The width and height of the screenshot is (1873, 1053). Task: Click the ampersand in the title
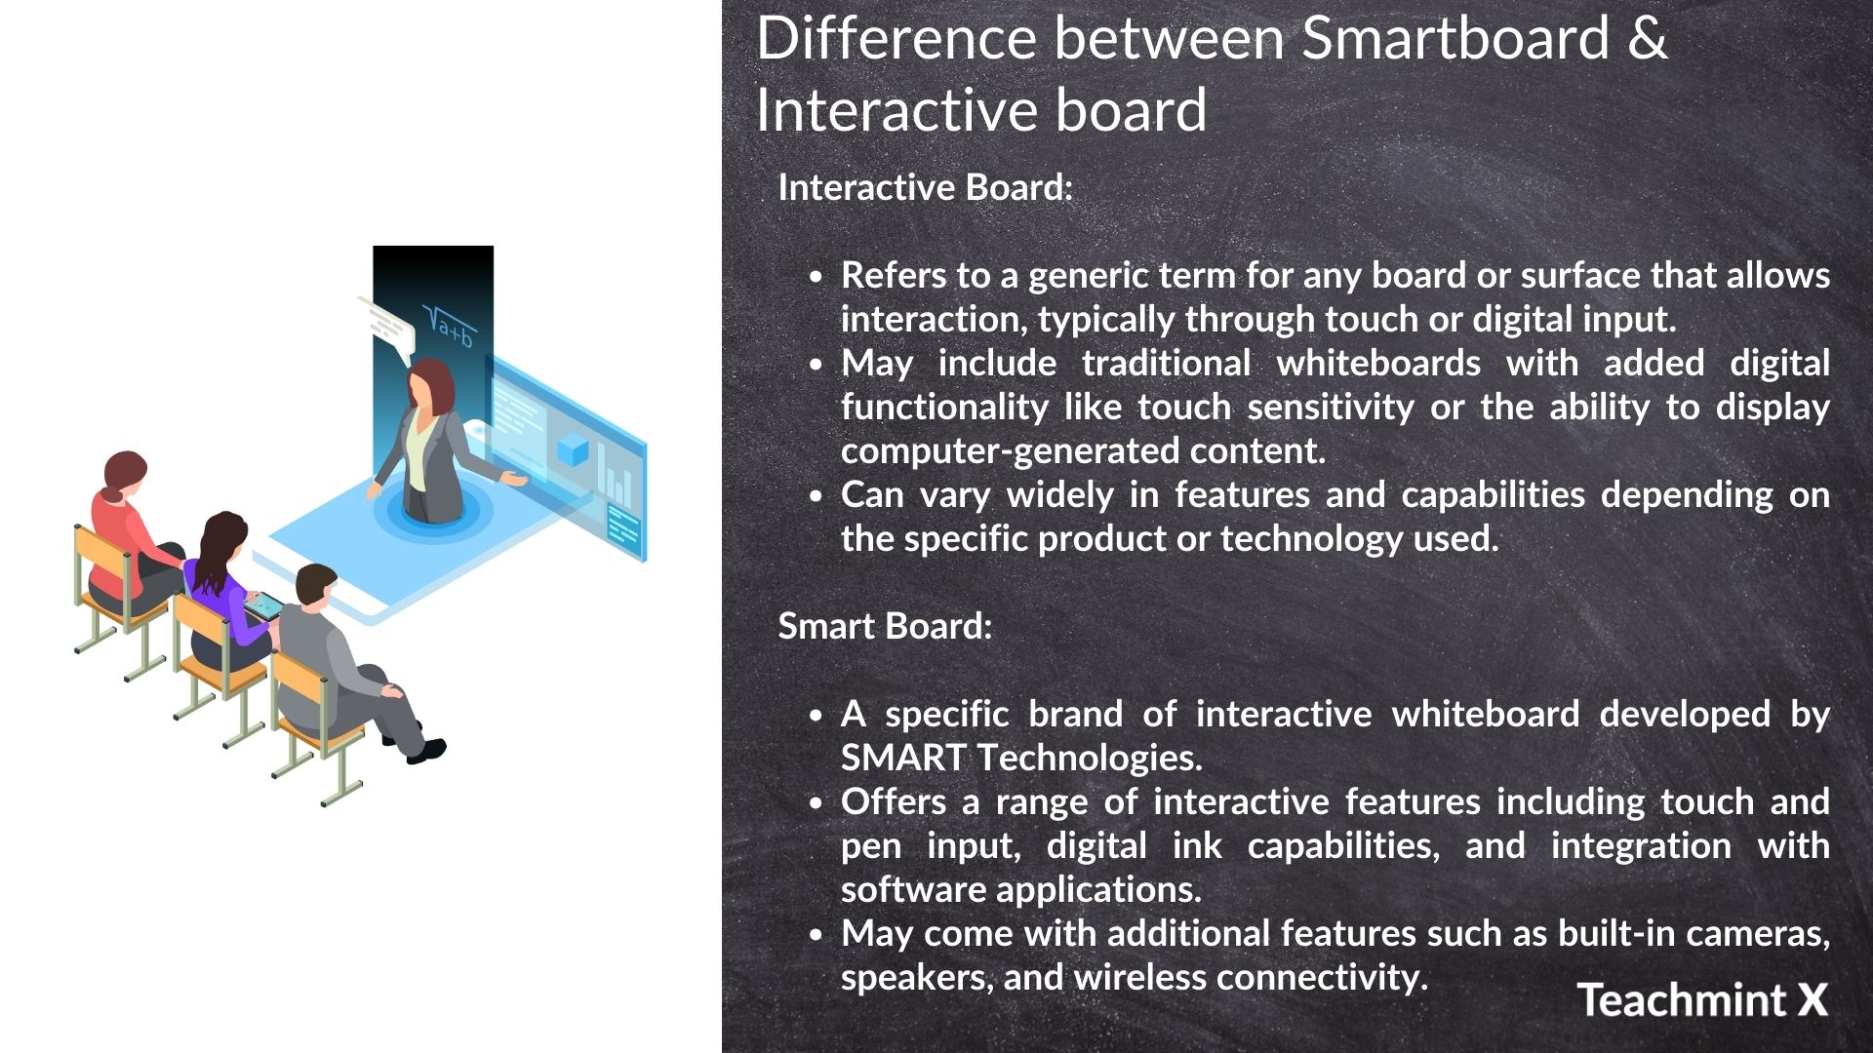click(1647, 39)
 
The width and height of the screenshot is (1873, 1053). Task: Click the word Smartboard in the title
click(1455, 39)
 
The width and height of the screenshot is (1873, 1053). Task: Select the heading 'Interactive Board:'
click(925, 187)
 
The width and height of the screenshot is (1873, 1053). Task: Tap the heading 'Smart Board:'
click(885, 626)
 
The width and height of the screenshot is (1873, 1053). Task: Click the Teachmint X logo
click(1702, 999)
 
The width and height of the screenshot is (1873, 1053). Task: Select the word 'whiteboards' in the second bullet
click(1378, 364)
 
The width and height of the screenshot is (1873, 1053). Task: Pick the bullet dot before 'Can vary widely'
click(817, 496)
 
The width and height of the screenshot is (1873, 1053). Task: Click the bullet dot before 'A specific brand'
click(817, 716)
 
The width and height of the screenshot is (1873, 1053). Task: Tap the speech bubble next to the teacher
click(387, 324)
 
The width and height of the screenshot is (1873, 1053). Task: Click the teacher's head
click(430, 383)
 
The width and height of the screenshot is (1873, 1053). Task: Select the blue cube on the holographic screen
click(573, 450)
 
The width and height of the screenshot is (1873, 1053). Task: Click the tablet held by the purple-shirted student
click(264, 606)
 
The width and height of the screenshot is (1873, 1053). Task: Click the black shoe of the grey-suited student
click(427, 752)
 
